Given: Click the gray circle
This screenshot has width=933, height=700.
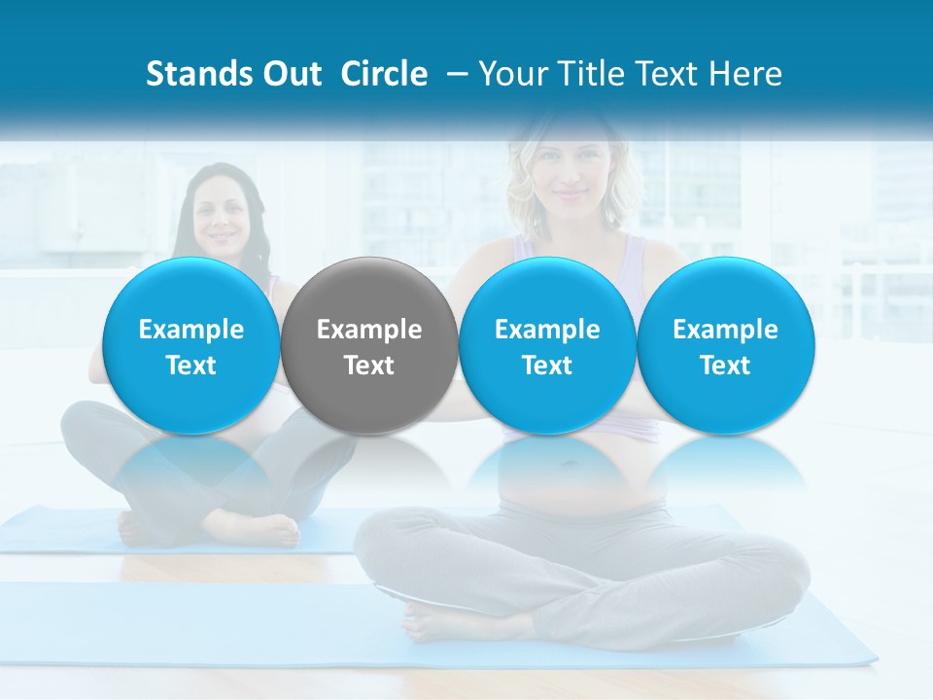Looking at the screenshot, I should [x=369, y=345].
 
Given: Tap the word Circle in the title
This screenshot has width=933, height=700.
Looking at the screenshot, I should [x=384, y=74].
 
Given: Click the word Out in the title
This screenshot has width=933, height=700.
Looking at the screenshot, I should [x=289, y=74].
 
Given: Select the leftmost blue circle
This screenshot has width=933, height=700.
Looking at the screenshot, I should [x=190, y=345].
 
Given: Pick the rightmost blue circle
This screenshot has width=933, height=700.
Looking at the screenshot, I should [x=725, y=345].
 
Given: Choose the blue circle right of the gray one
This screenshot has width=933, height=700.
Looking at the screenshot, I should [x=547, y=345].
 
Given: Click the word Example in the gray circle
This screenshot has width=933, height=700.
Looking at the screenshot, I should [x=369, y=330].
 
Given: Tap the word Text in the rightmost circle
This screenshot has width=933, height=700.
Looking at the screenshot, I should [x=725, y=366].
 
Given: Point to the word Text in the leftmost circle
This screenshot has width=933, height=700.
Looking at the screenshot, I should [x=190, y=366].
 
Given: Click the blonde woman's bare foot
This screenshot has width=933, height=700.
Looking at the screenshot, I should [x=428, y=621].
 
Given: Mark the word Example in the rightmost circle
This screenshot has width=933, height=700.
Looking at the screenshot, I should [x=725, y=330].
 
